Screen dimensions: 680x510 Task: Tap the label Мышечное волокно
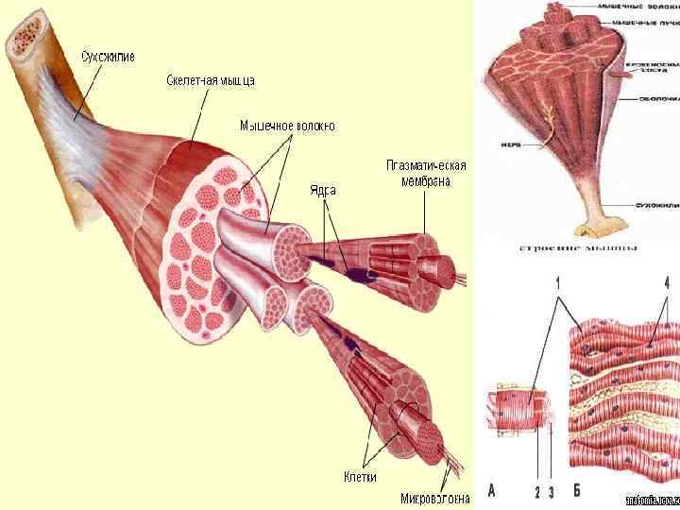pyautogui.click(x=287, y=125)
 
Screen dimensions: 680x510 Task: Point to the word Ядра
pyautogui.click(x=323, y=190)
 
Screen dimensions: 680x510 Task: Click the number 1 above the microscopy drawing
pyautogui.click(x=558, y=282)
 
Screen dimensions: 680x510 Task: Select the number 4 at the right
pyautogui.click(x=667, y=282)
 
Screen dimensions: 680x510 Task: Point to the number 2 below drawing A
pyautogui.click(x=535, y=490)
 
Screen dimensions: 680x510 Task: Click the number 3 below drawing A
pyautogui.click(x=552, y=490)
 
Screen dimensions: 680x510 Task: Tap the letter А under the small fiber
pyautogui.click(x=491, y=490)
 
